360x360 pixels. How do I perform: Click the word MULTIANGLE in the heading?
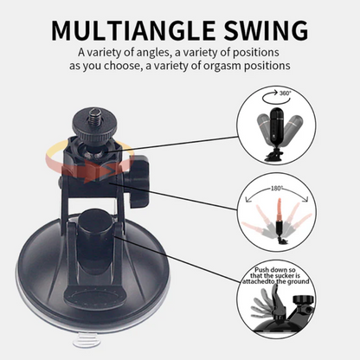pos(133,30)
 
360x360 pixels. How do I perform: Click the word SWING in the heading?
pos(266,30)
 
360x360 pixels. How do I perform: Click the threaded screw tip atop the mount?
pos(96,116)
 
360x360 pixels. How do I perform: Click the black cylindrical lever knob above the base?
pos(93,223)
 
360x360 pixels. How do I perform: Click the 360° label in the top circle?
pos(286,93)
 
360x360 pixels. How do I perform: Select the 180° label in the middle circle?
pos(277,189)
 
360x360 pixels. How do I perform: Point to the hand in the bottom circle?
pos(267,303)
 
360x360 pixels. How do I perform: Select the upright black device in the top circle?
pos(277,127)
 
